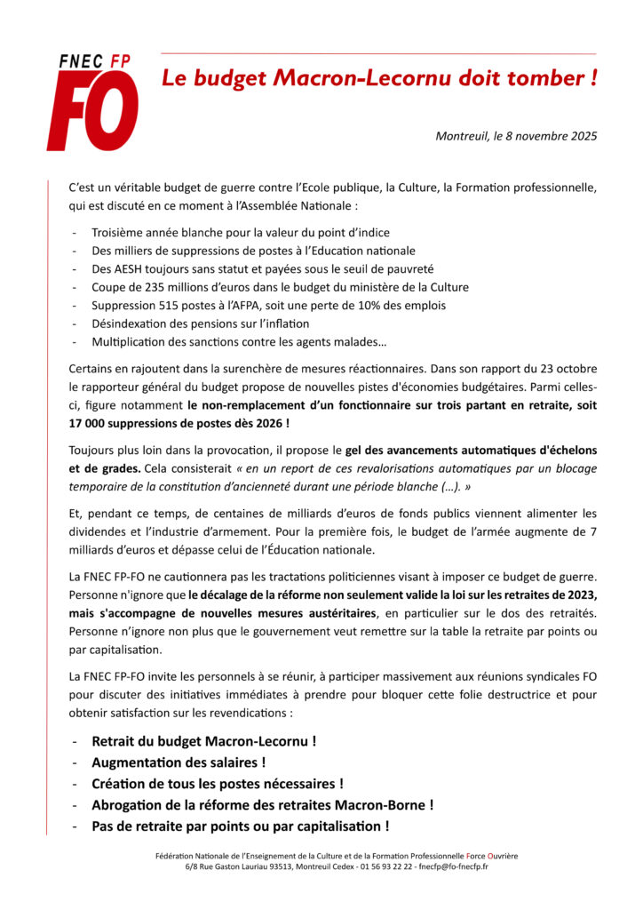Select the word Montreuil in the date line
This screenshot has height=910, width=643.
[x=462, y=136]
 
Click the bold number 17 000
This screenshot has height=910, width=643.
[x=88, y=424]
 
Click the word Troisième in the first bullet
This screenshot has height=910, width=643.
[x=120, y=232]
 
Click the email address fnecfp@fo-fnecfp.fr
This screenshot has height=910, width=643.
[x=453, y=866]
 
